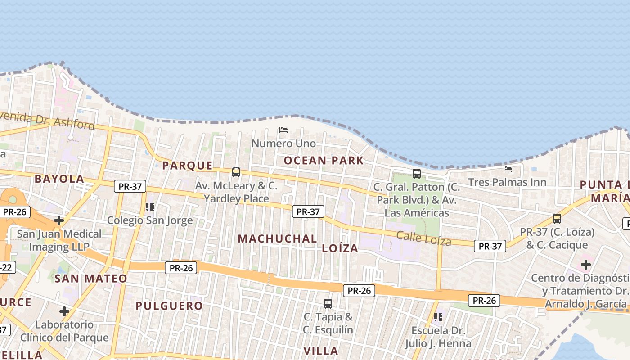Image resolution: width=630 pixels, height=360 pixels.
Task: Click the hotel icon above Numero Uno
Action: pos(283,130)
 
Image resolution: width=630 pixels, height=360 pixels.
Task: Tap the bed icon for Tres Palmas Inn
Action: pos(508,169)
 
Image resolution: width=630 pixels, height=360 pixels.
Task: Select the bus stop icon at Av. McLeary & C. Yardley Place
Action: pos(236,172)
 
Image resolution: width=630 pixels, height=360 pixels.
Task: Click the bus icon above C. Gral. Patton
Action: pos(417,173)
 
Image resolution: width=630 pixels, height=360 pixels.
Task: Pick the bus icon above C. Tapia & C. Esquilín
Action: pos(328,304)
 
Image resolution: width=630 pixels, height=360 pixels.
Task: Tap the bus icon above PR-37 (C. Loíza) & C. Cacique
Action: pos(557,219)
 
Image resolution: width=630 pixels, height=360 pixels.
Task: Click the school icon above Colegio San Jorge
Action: pos(150,207)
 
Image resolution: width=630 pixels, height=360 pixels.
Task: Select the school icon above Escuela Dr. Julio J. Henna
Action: pos(438,317)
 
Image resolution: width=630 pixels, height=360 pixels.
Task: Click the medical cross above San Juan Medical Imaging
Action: pos(59,220)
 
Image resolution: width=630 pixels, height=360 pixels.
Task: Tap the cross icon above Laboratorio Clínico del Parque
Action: pos(64,311)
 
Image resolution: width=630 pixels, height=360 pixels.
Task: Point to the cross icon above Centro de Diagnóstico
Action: pos(585,265)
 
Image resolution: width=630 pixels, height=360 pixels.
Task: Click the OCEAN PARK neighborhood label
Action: pos(324,161)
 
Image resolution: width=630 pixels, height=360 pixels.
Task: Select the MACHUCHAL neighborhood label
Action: pos(277,239)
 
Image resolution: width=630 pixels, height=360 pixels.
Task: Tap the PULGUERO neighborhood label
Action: pos(169,306)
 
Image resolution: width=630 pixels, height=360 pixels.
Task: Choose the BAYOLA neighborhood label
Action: pos(59,179)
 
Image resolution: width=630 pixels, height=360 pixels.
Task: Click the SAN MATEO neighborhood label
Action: pos(91,279)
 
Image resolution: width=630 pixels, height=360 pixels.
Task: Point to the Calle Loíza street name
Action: pos(423,238)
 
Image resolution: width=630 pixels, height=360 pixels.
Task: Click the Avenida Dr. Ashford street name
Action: pos(47,121)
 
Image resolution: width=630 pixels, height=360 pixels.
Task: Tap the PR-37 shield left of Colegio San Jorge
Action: pos(130,186)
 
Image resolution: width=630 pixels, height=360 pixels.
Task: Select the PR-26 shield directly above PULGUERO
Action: pos(181,268)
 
